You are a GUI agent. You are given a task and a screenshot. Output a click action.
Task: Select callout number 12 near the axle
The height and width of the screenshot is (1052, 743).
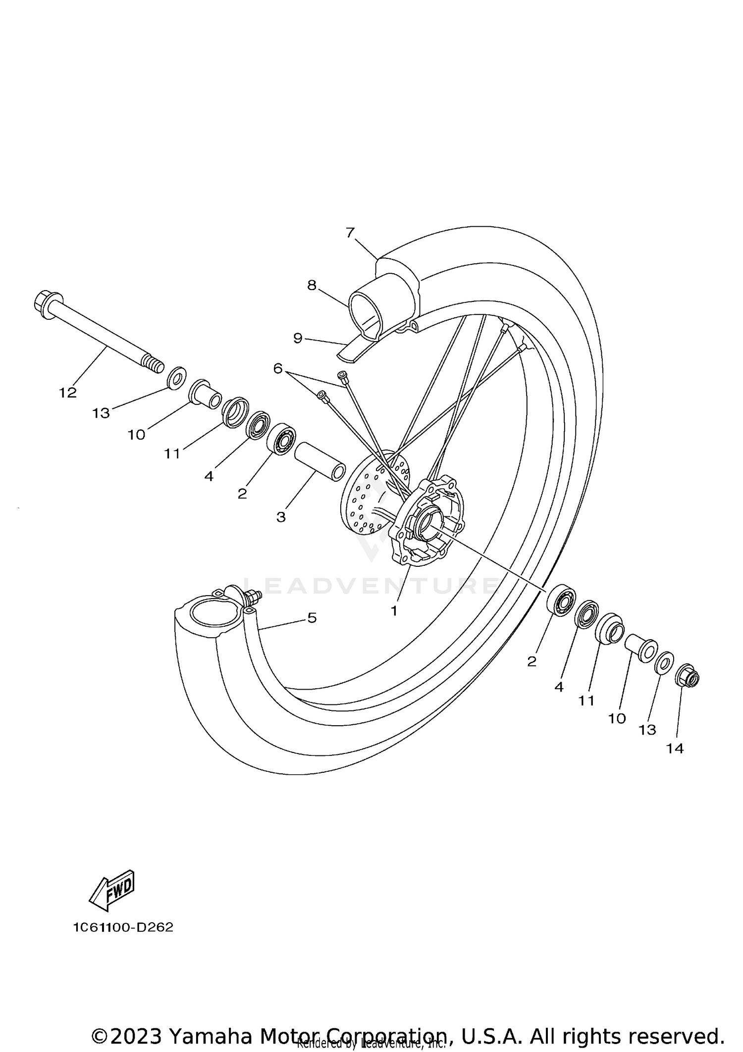point(68,393)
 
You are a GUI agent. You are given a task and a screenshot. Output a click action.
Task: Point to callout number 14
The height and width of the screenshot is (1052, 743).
point(675,749)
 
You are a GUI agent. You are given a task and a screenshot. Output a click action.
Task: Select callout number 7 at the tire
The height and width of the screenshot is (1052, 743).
point(350,232)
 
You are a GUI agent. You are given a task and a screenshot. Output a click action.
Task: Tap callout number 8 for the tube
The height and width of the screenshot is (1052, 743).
point(312,285)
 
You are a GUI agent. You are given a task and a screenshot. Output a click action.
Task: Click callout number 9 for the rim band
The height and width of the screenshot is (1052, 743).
point(297,338)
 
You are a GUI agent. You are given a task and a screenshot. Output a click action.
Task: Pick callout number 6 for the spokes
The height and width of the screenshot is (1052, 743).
point(277,368)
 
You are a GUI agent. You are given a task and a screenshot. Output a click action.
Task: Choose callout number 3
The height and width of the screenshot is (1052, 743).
point(281,517)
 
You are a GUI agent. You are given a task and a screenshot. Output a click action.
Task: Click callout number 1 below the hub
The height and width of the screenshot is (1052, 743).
point(394,611)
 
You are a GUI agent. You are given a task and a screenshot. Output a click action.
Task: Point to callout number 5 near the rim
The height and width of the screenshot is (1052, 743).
point(312,618)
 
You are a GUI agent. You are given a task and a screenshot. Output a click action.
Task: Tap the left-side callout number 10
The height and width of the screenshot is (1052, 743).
point(136,435)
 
